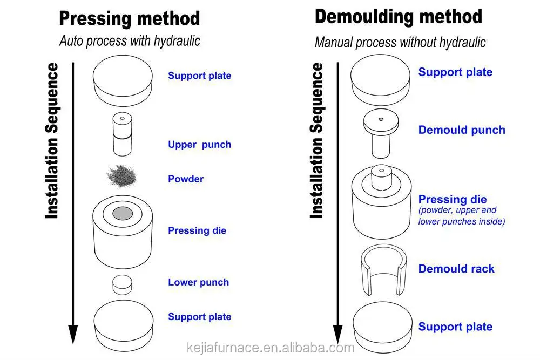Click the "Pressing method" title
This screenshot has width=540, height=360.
(130, 18)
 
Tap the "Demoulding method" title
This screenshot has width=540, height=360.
(399, 17)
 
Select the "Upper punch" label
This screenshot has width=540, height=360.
(199, 145)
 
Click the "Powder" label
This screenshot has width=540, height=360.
(186, 179)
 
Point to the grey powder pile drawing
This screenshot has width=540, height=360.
(122, 176)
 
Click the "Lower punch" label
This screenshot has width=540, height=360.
(198, 282)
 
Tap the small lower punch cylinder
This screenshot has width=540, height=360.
(122, 284)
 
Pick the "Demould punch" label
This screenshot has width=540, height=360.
(462, 130)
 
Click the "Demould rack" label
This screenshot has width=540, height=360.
(456, 269)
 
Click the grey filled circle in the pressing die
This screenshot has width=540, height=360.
(123, 213)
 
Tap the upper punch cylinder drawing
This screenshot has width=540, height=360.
(122, 134)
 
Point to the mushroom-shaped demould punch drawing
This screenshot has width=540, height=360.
(381, 133)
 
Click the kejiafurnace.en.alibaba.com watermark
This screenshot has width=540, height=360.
(271, 348)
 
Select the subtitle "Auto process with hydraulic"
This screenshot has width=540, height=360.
(130, 41)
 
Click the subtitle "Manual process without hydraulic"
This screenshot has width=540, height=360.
(400, 43)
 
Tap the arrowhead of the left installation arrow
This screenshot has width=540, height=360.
(73, 334)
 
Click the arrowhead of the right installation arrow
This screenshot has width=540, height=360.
(338, 334)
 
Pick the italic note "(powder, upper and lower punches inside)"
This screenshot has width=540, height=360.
(462, 216)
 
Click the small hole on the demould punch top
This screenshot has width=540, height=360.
(381, 119)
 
